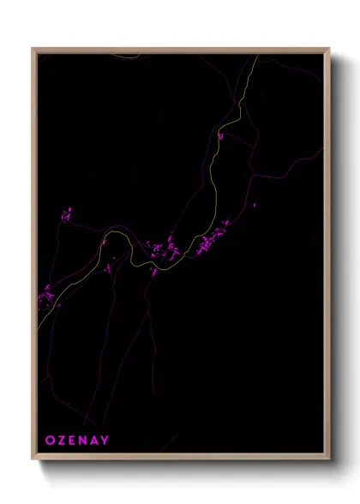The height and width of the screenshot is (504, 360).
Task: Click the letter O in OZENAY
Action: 50,441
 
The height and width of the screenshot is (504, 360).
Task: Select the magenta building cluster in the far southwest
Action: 48,296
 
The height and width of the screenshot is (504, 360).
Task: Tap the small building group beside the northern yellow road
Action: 220,135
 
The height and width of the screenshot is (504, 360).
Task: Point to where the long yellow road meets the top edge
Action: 257,56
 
